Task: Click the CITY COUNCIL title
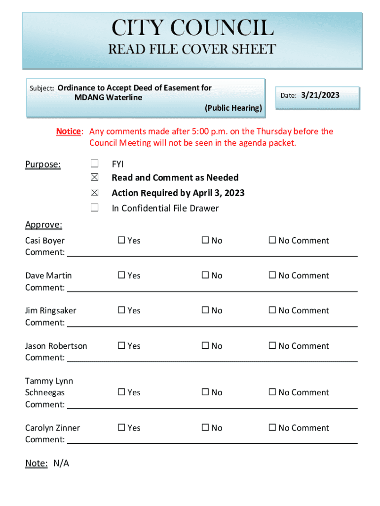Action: point(192,28)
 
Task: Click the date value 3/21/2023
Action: point(320,95)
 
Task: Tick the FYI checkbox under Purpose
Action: point(94,164)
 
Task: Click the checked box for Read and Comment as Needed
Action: point(94,177)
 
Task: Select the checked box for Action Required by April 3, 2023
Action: point(94,193)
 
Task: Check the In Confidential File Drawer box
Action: point(94,208)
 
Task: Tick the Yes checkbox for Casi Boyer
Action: point(121,241)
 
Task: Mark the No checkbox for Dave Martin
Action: point(205,276)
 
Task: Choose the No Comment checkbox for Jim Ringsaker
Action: point(272,311)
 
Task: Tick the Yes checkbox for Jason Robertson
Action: point(121,346)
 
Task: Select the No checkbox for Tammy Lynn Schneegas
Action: point(205,392)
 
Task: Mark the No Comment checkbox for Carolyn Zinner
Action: point(272,428)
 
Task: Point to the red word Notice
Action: point(68,131)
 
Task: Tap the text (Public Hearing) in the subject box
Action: point(233,108)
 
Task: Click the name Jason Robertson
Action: point(56,346)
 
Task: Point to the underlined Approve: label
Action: point(43,225)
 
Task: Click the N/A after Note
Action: point(61,464)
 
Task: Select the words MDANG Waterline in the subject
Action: point(108,97)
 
